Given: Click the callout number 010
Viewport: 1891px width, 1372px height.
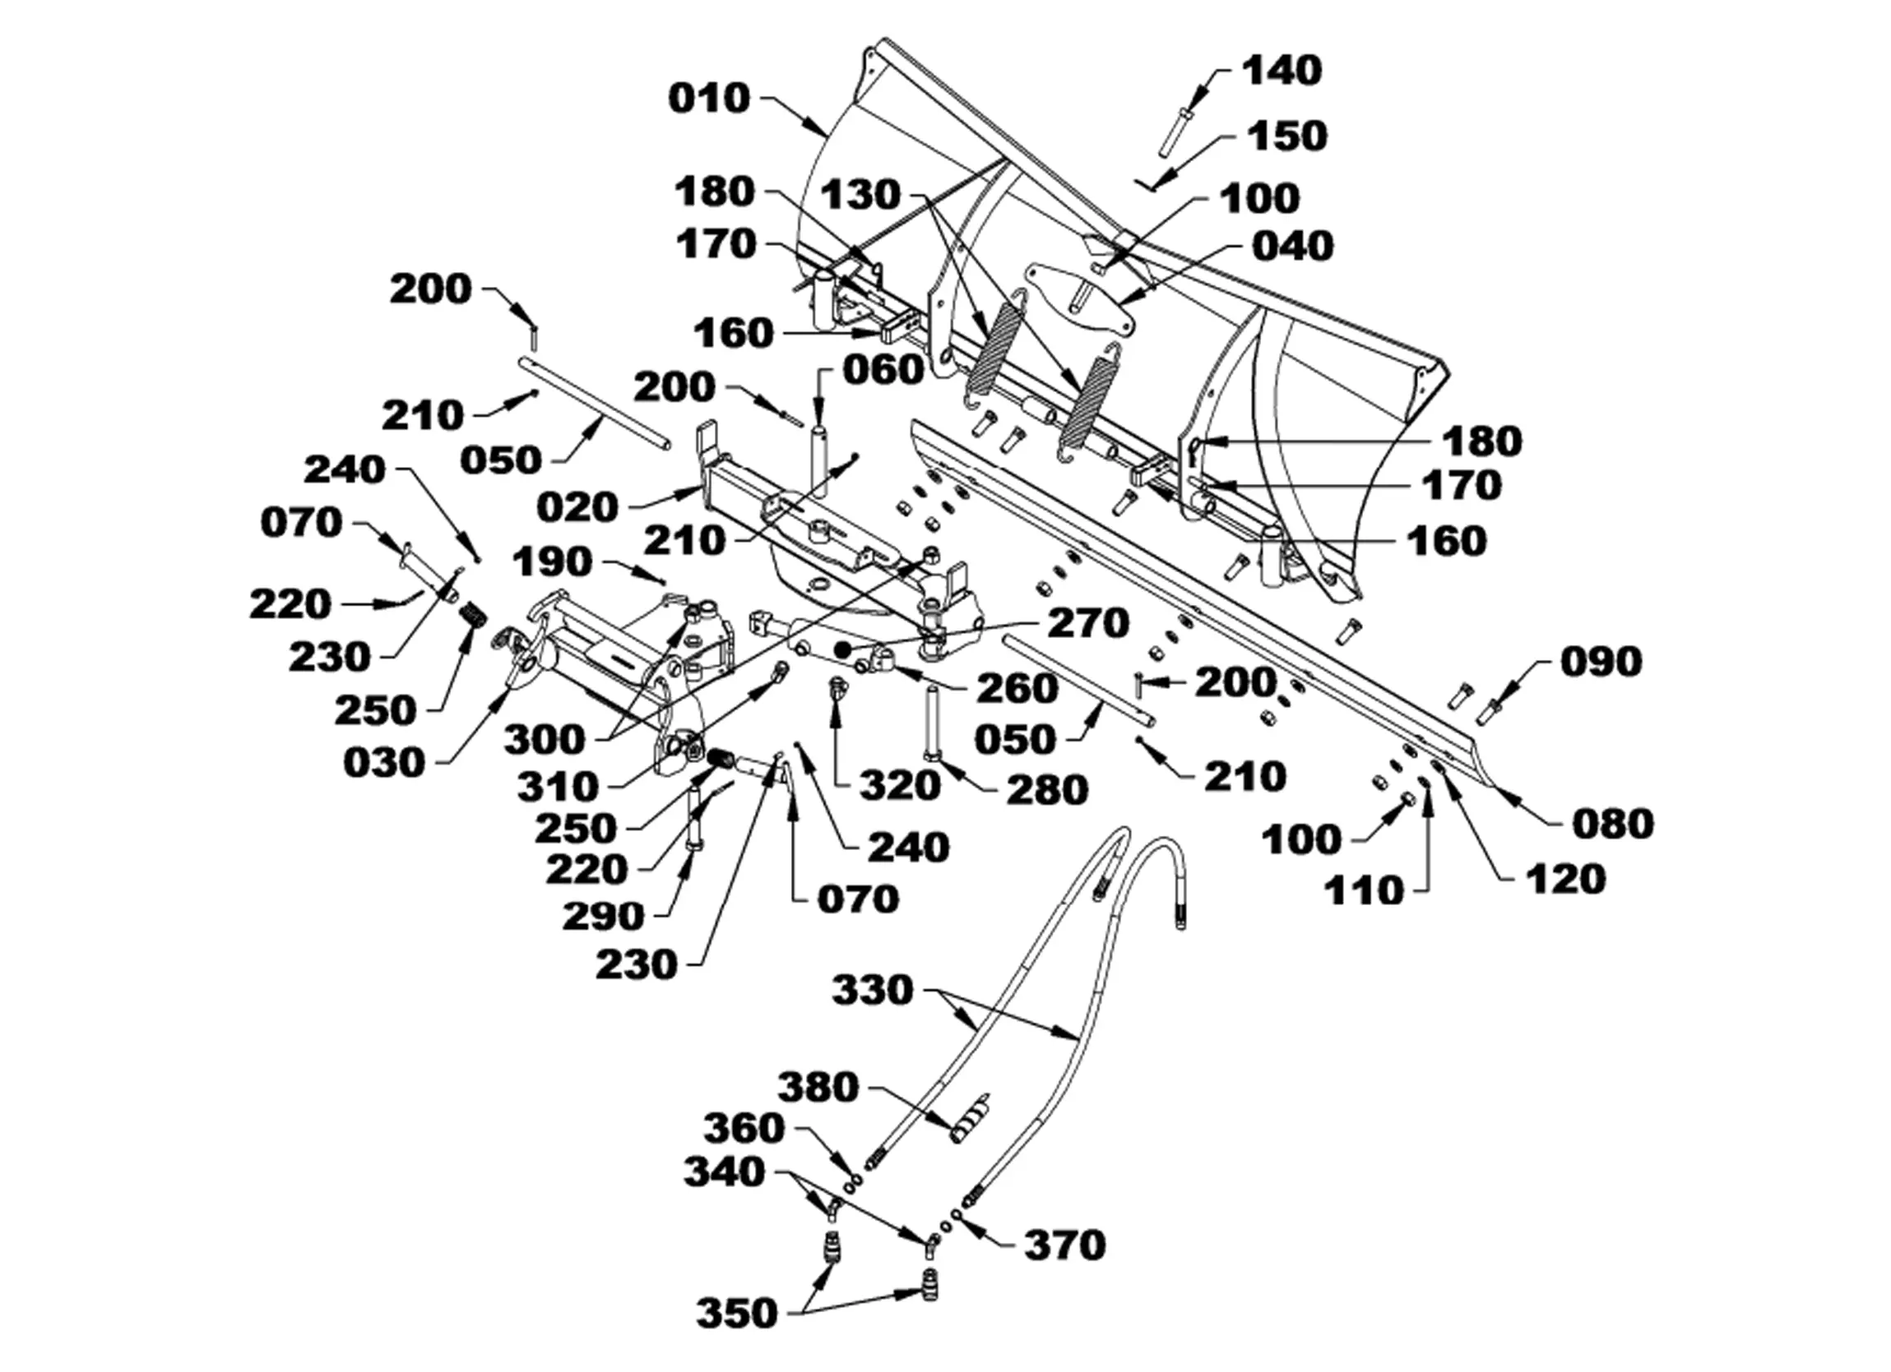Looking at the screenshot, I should [x=710, y=99].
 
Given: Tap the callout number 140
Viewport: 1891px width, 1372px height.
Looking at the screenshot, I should [x=1282, y=71].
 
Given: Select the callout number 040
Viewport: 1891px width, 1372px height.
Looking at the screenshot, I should [x=1293, y=247].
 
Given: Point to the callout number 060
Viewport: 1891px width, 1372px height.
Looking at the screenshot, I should [x=883, y=370].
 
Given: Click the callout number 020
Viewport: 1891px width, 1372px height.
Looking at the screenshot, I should [x=577, y=506].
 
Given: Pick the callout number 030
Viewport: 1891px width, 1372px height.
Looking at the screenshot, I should [x=384, y=763].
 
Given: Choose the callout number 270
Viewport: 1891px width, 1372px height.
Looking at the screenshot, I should [x=1088, y=622].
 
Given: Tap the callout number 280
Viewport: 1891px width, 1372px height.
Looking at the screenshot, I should [x=1048, y=789].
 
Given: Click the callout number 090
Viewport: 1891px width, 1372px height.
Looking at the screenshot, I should [x=1601, y=662].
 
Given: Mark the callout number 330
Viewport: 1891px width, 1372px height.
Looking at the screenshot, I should [x=873, y=991].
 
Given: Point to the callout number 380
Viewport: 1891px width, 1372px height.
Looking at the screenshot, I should [x=818, y=1087].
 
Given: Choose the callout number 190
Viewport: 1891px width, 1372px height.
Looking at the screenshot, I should [x=553, y=562].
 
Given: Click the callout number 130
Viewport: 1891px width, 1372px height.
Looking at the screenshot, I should [x=861, y=195].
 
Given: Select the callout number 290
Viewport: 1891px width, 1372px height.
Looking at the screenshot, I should [x=604, y=916].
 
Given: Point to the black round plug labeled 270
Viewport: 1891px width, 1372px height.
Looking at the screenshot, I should [x=842, y=649].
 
